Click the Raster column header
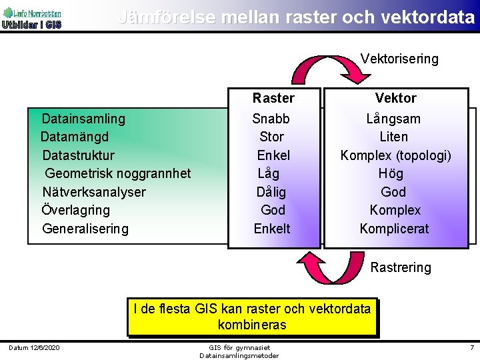point(273,98)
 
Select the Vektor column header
point(395,98)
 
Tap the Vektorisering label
point(399,59)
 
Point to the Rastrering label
point(401,267)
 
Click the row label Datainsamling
point(83,119)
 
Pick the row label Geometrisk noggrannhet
point(118,173)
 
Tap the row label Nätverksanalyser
point(94,192)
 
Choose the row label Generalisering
point(85,229)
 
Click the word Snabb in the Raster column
point(271,119)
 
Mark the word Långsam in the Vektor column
point(393,119)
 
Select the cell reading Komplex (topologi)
point(395,155)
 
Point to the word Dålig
point(271,192)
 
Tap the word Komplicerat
point(394,229)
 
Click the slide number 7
point(471,348)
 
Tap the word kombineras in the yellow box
point(251,325)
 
